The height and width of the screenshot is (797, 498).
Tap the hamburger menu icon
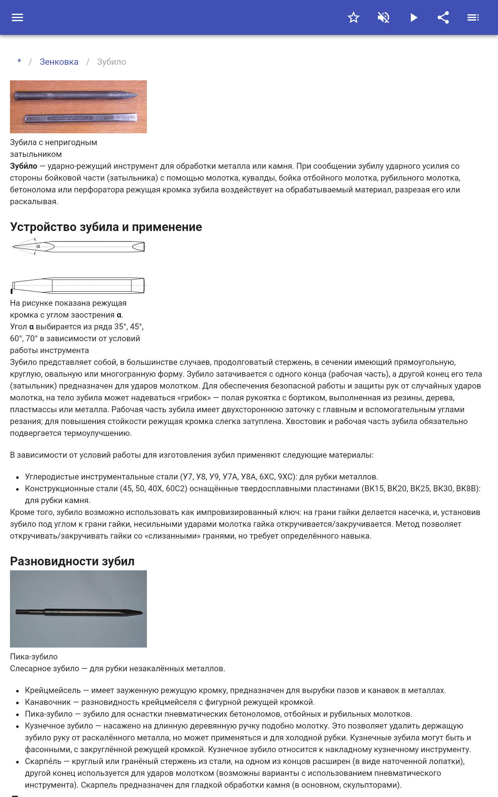tap(17, 17)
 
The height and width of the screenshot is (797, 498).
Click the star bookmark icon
tap(353, 17)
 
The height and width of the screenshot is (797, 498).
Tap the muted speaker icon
tap(383, 17)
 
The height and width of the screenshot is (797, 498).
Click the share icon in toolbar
tap(443, 17)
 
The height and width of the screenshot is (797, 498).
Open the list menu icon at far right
tap(473, 17)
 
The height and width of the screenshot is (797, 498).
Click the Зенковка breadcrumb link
tap(59, 62)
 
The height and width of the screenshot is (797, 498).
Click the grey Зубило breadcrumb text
tap(111, 62)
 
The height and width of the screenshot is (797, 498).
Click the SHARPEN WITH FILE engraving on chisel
tap(69, 118)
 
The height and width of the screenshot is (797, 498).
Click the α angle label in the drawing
tap(39, 246)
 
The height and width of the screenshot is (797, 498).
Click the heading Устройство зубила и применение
tap(106, 227)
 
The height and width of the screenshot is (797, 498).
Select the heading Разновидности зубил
tap(72, 561)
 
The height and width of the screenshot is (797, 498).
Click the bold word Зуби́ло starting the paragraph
tap(23, 166)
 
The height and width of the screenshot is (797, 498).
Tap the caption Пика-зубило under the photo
tap(34, 657)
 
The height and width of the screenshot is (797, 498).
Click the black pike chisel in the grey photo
tap(79, 613)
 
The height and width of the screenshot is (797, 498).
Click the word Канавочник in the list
tap(48, 702)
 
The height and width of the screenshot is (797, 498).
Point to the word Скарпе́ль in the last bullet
tap(43, 762)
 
